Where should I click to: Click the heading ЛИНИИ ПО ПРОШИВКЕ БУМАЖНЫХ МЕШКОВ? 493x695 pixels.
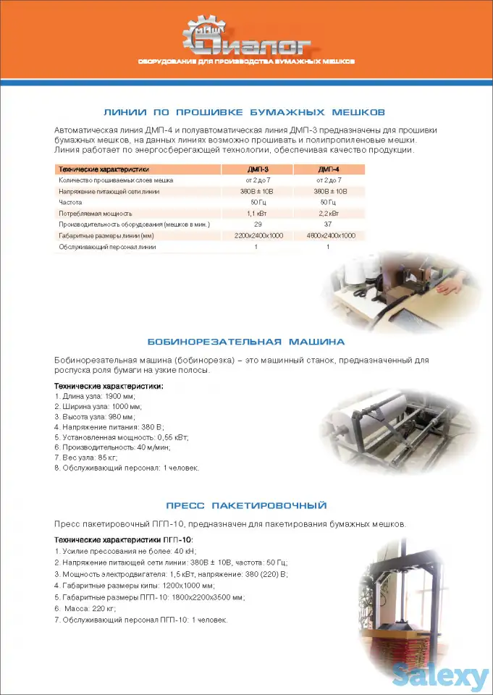pos(245,112)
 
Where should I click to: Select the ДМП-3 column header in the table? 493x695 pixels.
pos(258,169)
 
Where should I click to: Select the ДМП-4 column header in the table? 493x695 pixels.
pos(328,169)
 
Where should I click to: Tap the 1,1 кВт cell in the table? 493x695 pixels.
pos(258,214)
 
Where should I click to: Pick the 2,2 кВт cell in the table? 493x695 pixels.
pos(328,214)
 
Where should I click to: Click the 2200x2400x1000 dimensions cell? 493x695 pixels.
pos(258,236)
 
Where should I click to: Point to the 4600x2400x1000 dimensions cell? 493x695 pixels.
pos(329,236)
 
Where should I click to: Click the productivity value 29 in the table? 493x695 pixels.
pos(258,224)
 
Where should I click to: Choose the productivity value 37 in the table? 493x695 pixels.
pos(328,224)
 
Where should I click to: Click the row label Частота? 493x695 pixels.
pos(70,203)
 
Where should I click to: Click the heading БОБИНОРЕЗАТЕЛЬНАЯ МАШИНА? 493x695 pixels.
pos(245,342)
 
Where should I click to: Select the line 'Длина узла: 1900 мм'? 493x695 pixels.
pos(95,397)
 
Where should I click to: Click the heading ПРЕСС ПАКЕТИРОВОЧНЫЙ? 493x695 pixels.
pos(245,505)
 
